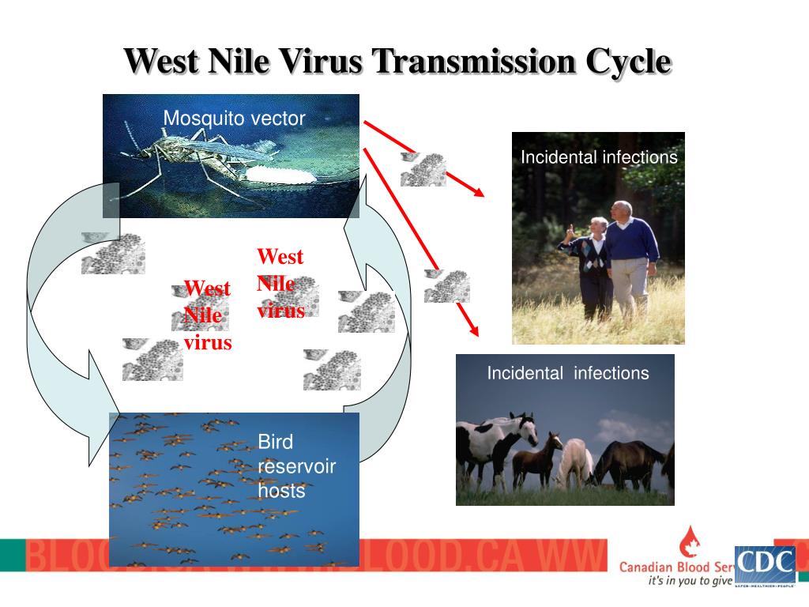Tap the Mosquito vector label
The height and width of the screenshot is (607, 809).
[x=234, y=119]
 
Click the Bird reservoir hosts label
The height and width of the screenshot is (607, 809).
[x=296, y=466]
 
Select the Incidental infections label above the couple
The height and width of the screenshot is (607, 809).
[x=598, y=157]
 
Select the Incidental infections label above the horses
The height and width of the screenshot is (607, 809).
[x=567, y=373]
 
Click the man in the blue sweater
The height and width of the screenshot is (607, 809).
[x=631, y=253]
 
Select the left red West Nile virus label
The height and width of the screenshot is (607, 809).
[x=207, y=315]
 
